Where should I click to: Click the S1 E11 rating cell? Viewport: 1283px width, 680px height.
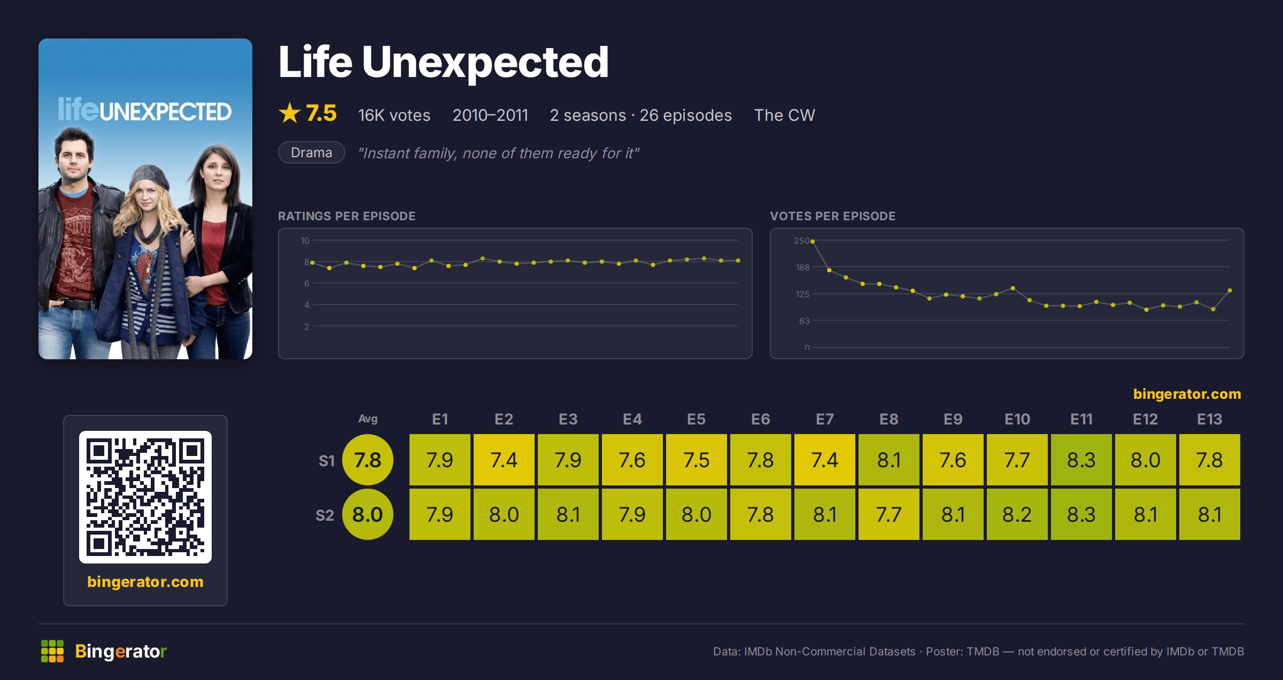coord(1081,460)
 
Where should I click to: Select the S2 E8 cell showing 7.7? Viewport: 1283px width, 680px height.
coord(888,514)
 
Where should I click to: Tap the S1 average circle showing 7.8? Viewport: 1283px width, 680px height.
coord(368,460)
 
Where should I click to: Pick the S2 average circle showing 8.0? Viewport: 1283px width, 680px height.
coord(368,514)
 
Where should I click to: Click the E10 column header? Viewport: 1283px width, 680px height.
coord(1017,419)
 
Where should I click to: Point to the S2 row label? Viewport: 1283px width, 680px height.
coord(324,515)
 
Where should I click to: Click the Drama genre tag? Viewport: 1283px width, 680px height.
coord(312,152)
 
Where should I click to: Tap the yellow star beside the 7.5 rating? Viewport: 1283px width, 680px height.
coord(290,113)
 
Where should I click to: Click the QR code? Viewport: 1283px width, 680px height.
coord(145,497)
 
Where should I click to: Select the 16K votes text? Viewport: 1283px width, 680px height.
coord(394,115)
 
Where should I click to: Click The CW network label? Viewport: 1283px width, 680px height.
coord(784,115)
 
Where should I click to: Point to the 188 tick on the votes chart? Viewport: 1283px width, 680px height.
coord(802,267)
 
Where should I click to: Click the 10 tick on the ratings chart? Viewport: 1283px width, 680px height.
coord(305,241)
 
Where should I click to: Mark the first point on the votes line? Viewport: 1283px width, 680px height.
coord(813,242)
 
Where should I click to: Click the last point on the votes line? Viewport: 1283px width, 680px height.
coord(1230,290)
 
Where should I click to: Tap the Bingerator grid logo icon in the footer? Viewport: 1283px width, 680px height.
coord(52,651)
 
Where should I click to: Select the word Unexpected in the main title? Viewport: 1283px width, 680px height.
coord(485,63)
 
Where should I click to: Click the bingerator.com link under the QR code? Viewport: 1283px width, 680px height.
coord(145,582)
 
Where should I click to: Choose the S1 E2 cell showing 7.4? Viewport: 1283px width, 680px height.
coord(504,460)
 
